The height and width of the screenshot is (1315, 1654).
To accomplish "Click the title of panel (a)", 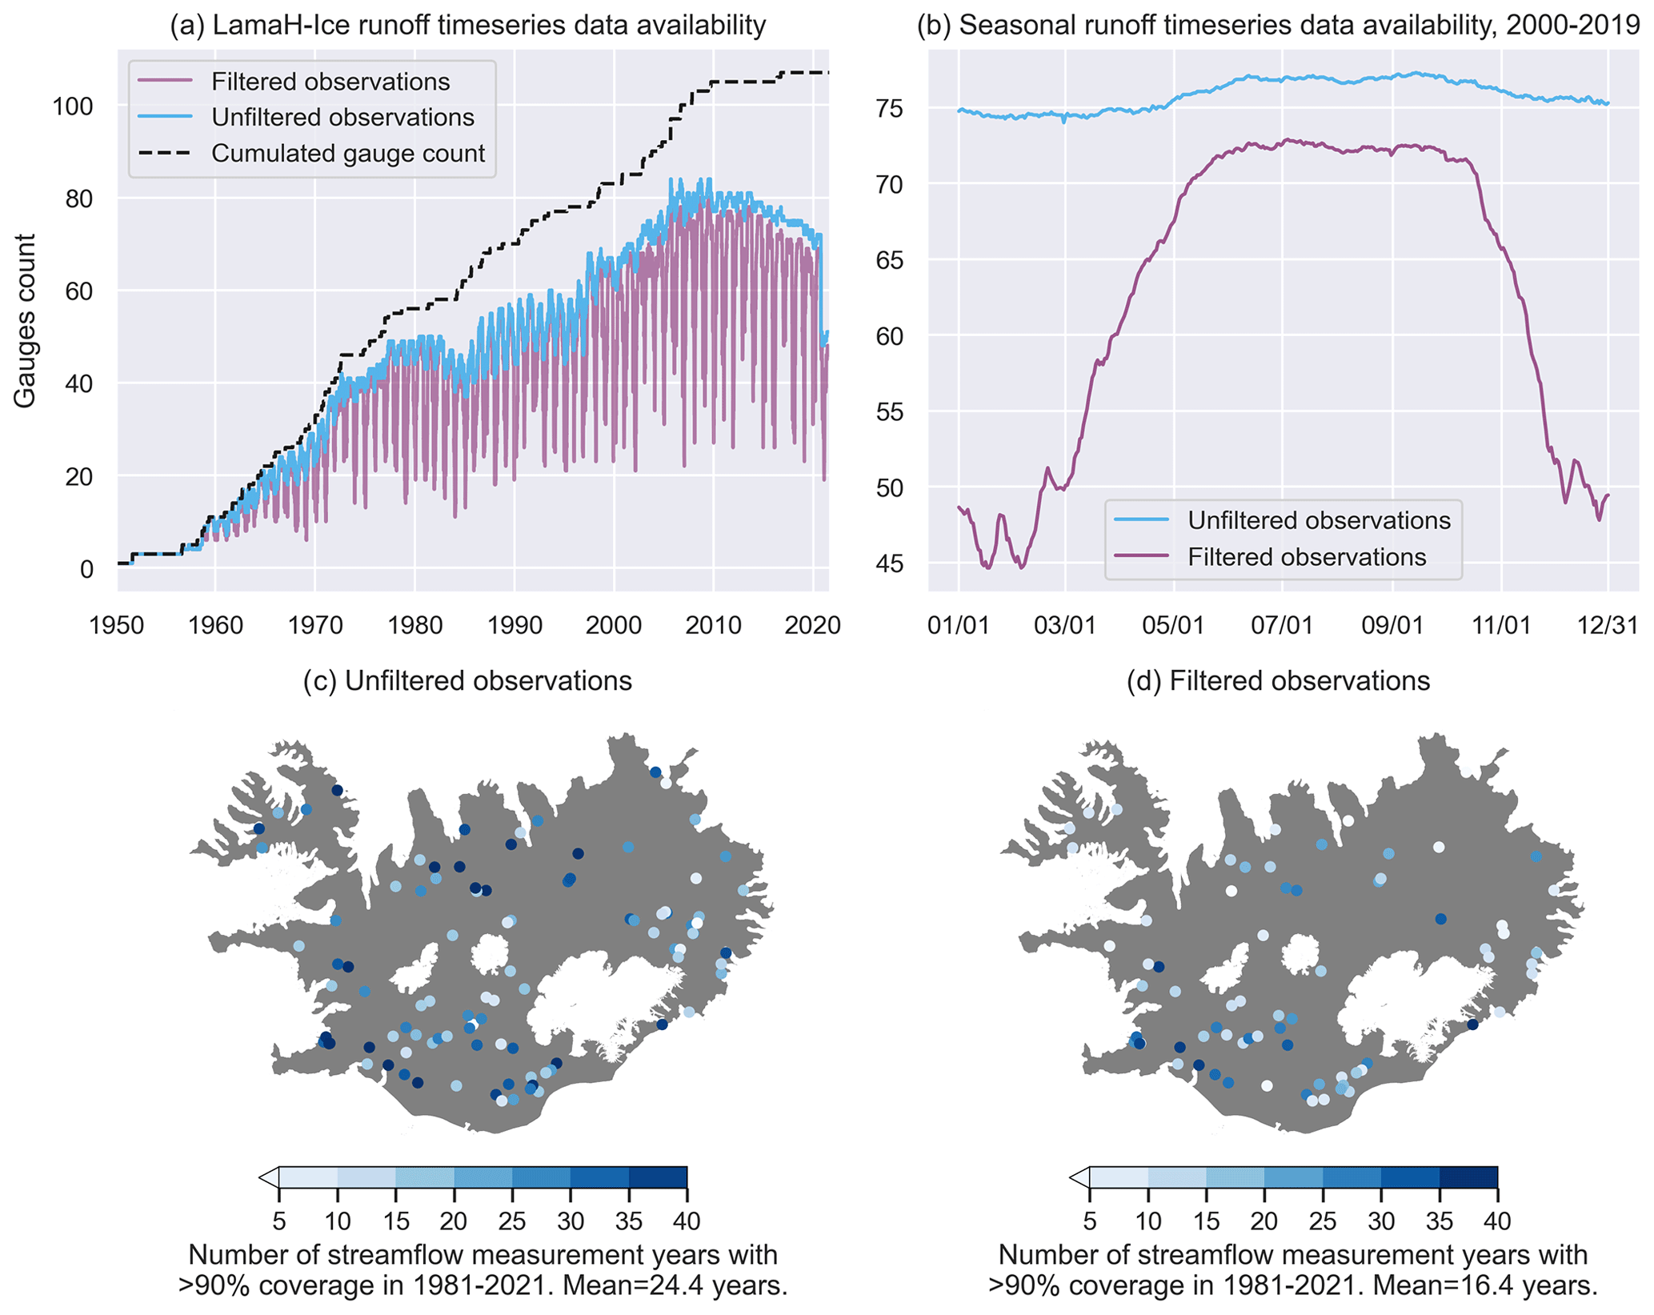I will point(468,25).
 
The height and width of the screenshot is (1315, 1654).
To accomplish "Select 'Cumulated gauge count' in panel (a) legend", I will point(347,153).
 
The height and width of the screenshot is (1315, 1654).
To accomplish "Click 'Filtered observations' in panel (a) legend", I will point(330,82).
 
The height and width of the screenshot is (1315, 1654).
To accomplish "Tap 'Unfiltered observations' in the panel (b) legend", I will point(1318,520).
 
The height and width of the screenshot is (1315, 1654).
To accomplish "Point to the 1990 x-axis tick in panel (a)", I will point(515,625).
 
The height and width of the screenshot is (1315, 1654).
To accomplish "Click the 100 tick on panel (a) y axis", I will point(73,106).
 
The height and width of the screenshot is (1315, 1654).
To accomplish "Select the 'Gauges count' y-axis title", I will point(25,320).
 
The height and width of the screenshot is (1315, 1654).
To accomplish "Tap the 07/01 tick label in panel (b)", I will point(1282,625).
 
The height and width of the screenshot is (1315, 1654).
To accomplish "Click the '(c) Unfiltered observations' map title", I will point(467,681).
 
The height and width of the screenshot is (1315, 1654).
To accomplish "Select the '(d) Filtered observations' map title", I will point(1278,681).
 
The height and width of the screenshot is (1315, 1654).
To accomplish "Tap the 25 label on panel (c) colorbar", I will point(512,1221).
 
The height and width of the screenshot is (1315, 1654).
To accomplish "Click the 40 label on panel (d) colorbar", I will point(1497,1221).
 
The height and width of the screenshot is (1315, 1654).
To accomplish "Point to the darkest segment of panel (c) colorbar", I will point(658,1177).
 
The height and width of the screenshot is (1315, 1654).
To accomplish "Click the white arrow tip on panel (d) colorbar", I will point(1077,1177).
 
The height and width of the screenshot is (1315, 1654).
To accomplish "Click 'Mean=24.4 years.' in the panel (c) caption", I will point(675,1285).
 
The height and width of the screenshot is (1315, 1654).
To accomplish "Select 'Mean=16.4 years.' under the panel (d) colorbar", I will point(1485,1285).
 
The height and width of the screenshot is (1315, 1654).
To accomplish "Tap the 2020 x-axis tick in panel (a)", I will point(813,625).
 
